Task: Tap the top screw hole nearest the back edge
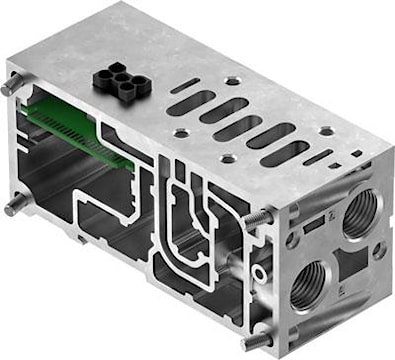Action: click(233, 79)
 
